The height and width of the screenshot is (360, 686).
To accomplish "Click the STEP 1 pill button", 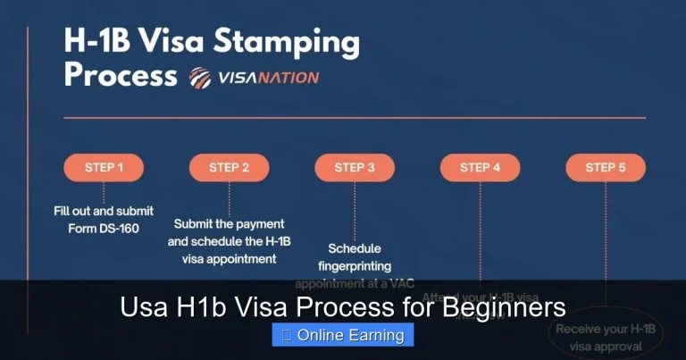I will (x=104, y=167).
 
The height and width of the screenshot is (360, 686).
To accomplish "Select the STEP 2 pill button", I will (x=230, y=167).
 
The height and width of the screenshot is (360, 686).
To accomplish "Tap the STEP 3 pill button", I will (x=355, y=167).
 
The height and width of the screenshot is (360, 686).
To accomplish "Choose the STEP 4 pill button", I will (x=481, y=167).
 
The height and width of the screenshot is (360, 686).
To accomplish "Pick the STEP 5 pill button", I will (x=606, y=167).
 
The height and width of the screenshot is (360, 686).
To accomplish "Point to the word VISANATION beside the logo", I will (x=268, y=78).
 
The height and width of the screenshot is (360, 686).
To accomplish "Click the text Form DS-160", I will (x=103, y=228).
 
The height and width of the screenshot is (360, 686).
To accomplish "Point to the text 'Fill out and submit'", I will (x=103, y=212).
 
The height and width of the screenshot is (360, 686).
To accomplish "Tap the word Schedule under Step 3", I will (x=354, y=248).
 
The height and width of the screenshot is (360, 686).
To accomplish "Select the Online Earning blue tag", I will (x=343, y=335).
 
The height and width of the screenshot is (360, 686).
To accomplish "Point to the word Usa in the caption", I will (x=143, y=308).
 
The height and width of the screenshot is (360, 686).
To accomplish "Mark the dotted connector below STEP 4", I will (x=481, y=232).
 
